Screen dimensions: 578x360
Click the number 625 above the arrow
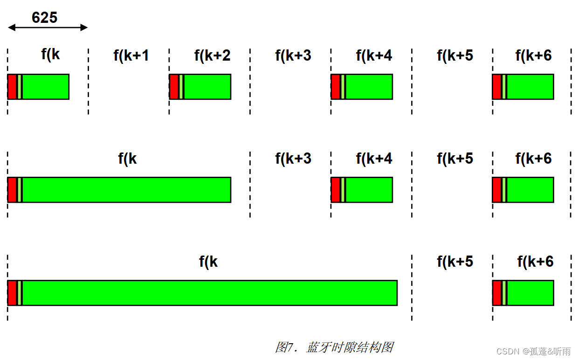[45, 18]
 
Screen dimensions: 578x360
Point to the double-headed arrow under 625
[48, 28]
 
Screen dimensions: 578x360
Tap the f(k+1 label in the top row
[131, 56]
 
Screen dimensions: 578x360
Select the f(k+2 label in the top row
[212, 56]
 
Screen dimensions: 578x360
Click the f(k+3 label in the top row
[293, 56]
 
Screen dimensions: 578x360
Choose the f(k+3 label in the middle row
[293, 159]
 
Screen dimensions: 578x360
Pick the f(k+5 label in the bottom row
[455, 262]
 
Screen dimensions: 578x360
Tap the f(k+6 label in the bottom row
[535, 262]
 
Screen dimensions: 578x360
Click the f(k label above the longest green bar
[208, 262]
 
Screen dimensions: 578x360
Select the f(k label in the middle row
[127, 159]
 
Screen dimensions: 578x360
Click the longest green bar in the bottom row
[210, 293]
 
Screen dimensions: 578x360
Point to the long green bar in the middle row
[126, 190]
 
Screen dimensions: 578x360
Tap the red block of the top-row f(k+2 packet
[174, 87]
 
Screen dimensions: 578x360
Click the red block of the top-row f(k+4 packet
[336, 87]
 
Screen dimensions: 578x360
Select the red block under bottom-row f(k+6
[497, 293]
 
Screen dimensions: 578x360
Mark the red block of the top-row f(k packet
[12, 87]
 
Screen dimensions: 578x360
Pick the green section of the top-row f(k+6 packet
[530, 87]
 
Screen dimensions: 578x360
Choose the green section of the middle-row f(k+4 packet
[369, 190]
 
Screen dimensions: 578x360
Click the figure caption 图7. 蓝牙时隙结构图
[334, 347]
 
